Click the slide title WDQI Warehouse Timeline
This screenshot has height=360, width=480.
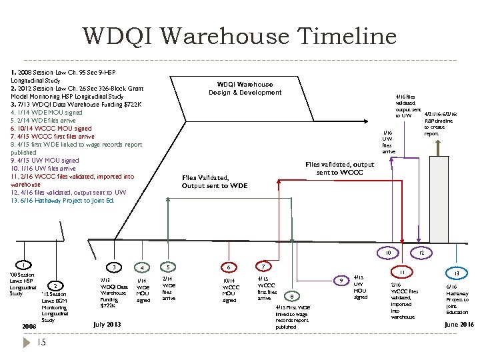coord(240,36)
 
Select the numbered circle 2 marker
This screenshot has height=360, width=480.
coord(57,286)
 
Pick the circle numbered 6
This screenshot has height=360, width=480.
coord(229,267)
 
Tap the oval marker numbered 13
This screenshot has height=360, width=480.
coord(457,273)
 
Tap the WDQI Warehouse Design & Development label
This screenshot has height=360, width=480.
coord(245,89)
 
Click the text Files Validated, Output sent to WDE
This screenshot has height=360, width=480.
coord(215,181)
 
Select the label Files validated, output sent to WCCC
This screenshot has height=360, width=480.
coord(340,169)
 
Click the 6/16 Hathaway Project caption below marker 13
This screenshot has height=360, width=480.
coord(457,299)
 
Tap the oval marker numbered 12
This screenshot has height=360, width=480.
coord(421,254)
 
